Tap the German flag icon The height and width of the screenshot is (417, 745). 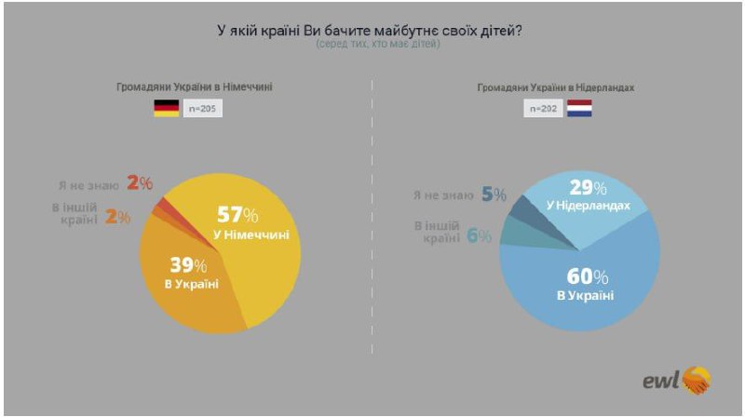[x=166, y=109]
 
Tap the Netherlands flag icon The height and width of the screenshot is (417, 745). [x=580, y=109]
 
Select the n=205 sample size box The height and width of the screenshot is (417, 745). [x=203, y=109]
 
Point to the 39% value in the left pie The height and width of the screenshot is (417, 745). [x=190, y=263]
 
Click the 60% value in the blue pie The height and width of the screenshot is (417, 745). [x=587, y=277]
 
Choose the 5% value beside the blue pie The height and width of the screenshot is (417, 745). [x=494, y=195]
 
